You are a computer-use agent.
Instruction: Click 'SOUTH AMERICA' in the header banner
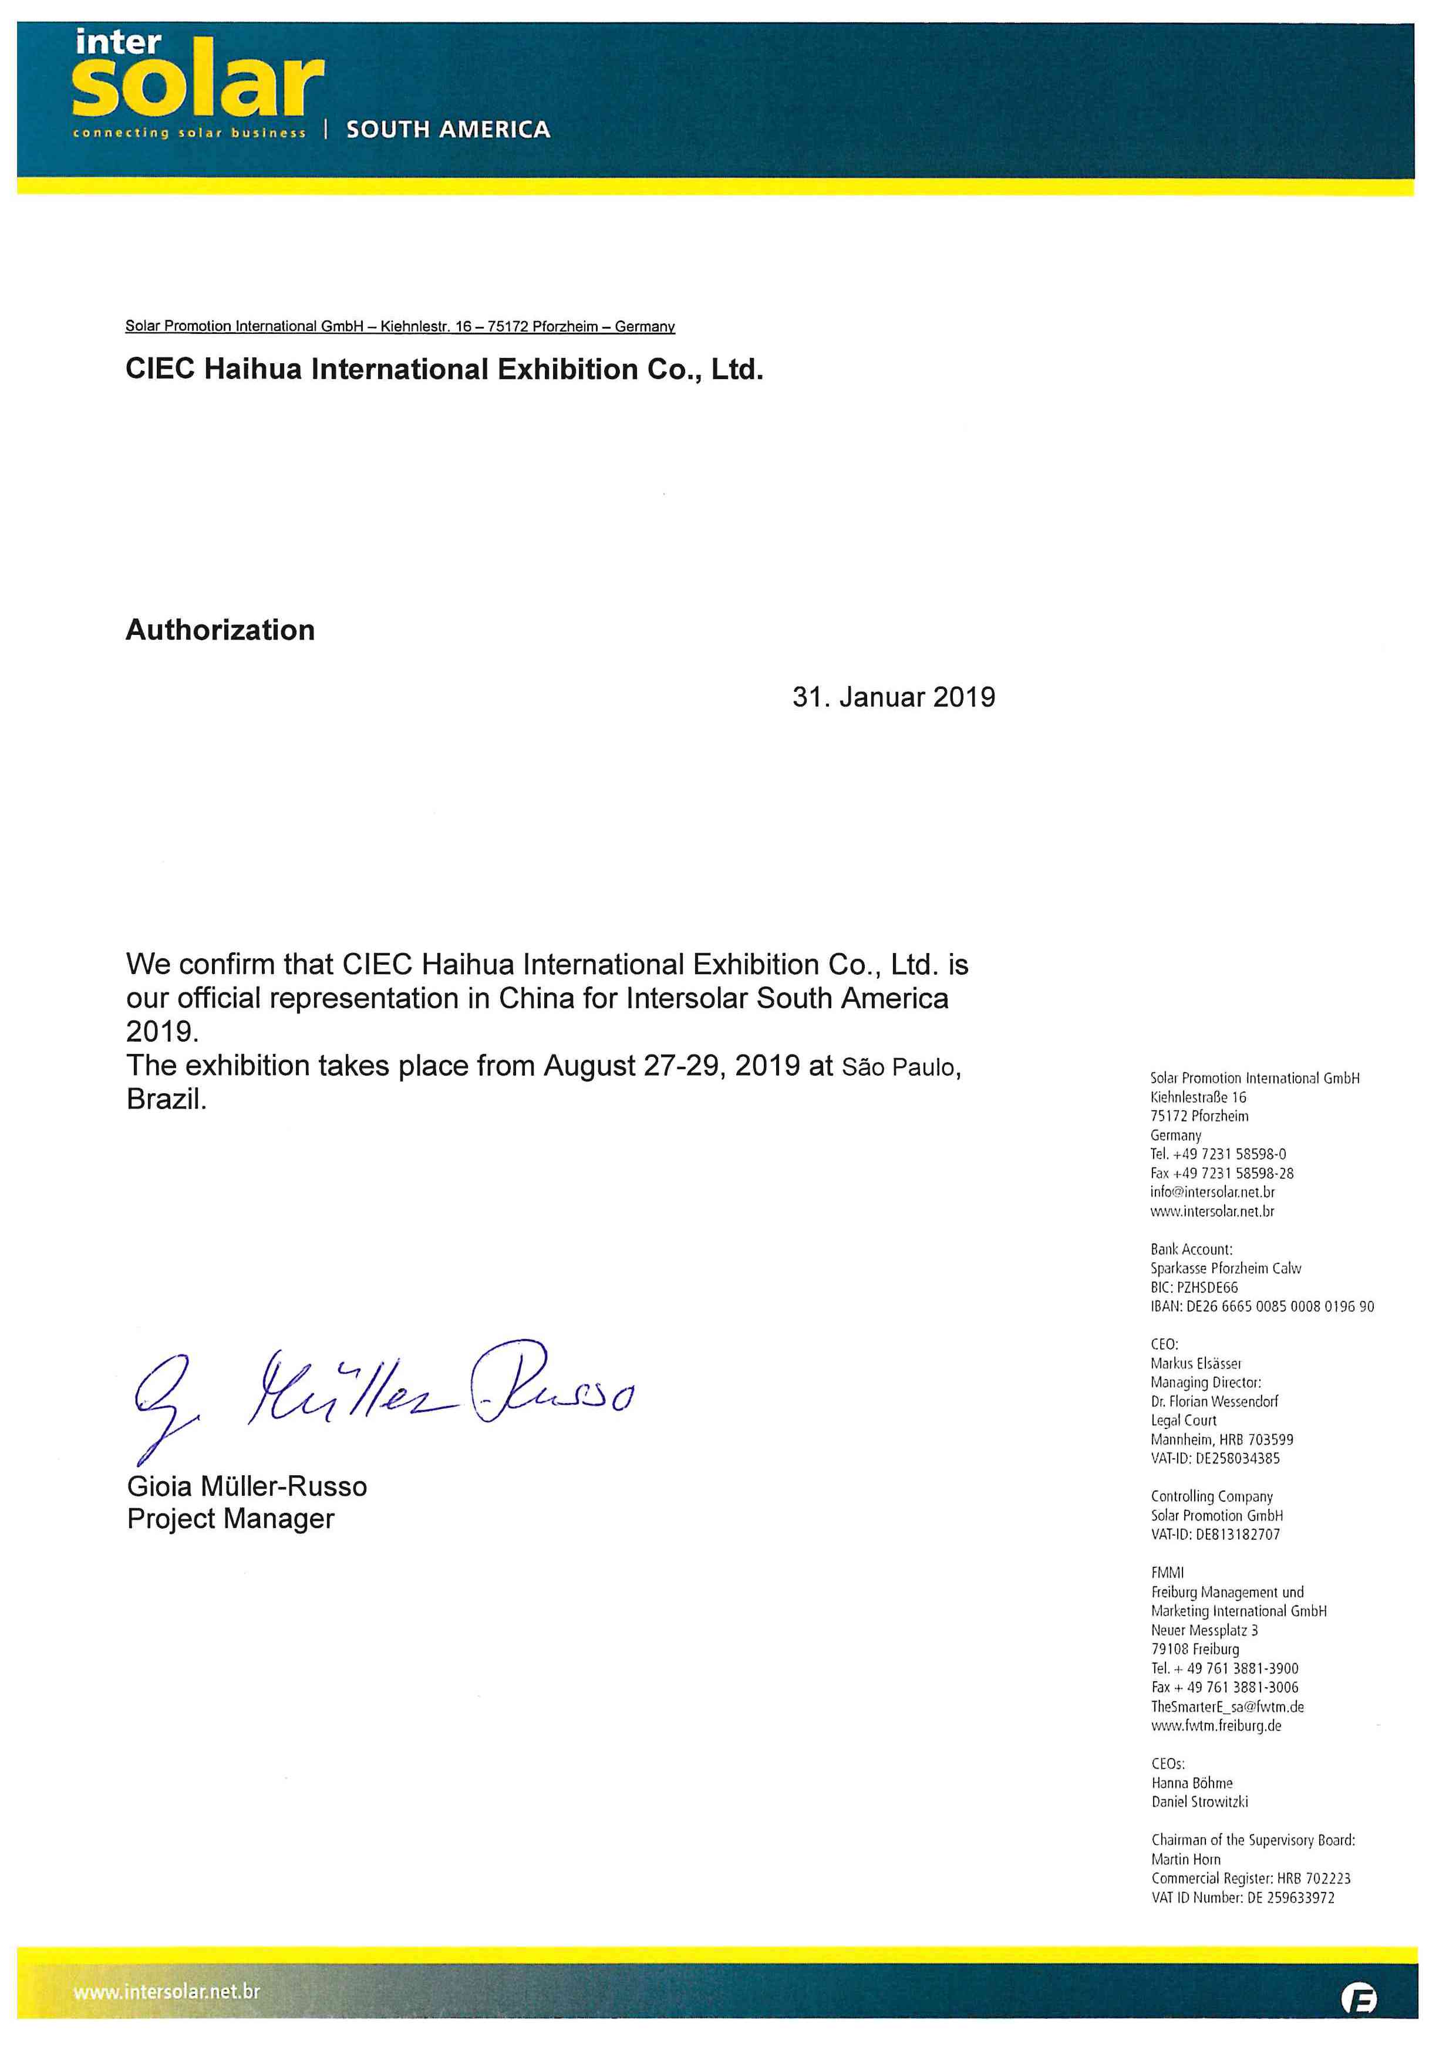click(449, 130)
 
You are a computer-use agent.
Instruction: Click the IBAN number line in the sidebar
click(1262, 1307)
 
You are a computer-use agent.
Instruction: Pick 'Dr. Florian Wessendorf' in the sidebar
click(1214, 1401)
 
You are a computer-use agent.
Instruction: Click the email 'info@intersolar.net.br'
click(1212, 1192)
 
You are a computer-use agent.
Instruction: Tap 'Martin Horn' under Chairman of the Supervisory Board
click(1185, 1860)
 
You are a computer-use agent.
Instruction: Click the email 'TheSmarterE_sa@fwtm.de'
click(1228, 1706)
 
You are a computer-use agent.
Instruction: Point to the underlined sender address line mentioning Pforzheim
click(400, 326)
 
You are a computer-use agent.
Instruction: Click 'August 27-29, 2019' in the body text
click(672, 1066)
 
